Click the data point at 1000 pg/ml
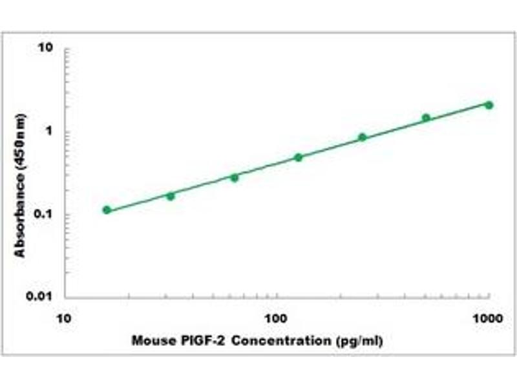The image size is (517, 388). pyautogui.click(x=489, y=105)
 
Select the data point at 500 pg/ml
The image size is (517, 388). pyautogui.click(x=426, y=118)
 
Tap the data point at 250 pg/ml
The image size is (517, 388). pyautogui.click(x=363, y=137)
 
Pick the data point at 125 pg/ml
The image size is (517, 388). pyautogui.click(x=299, y=157)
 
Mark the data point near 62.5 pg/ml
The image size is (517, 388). pyautogui.click(x=235, y=177)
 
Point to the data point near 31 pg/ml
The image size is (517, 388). pyautogui.click(x=171, y=196)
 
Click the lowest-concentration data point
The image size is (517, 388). pyautogui.click(x=107, y=210)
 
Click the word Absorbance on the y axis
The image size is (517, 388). pyautogui.click(x=21, y=213)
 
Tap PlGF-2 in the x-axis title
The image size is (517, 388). pyautogui.click(x=200, y=341)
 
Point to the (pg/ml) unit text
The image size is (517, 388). pyautogui.click(x=357, y=341)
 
